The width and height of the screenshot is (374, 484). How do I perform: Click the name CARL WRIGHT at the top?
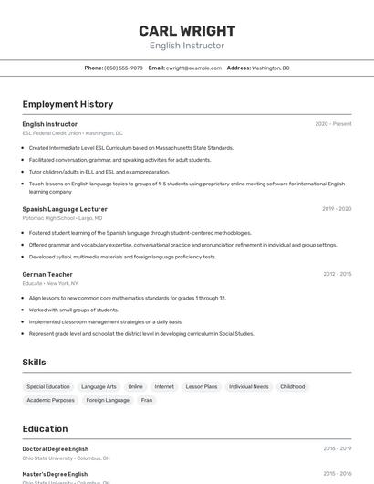point(187,30)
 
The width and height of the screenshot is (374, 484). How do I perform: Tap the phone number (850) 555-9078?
point(123,68)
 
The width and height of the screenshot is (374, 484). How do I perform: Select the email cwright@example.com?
point(193,68)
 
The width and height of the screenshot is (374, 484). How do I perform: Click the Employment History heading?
point(68,104)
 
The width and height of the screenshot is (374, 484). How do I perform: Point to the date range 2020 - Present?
point(333,124)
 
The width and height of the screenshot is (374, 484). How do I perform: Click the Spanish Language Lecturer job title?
point(65,209)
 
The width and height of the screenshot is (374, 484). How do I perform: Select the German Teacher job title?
point(47,274)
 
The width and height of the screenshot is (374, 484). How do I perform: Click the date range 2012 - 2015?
point(337,274)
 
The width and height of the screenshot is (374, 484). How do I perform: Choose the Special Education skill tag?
point(48,386)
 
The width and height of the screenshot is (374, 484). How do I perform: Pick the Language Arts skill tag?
point(99,386)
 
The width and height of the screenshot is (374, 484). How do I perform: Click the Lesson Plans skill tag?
point(202,386)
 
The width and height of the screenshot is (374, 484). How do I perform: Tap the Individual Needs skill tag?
point(248,386)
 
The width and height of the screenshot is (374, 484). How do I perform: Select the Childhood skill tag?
point(293,386)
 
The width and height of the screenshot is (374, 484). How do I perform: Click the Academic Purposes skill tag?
point(50,400)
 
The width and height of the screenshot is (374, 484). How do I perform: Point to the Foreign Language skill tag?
point(108,400)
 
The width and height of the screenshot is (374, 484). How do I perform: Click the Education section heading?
point(45,428)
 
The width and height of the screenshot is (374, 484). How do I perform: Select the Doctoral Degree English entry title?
point(56,449)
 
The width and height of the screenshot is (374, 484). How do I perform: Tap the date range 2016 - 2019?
point(337,449)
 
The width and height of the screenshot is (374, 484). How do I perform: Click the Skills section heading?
point(34,363)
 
